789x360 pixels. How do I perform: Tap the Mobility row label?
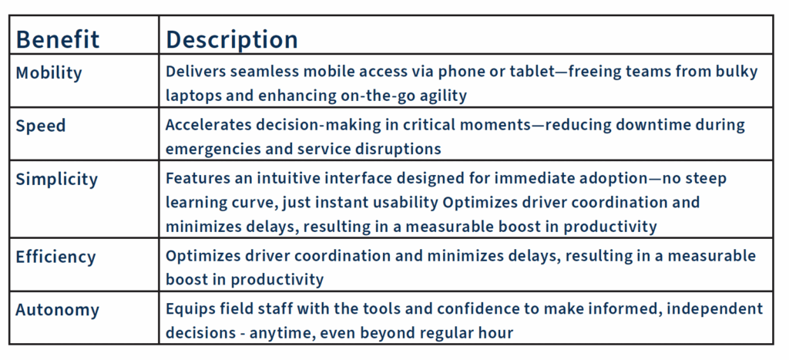coord(49,73)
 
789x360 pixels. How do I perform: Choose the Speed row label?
coord(41,126)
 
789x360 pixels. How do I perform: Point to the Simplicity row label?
coord(56,180)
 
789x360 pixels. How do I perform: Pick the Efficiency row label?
coord(55,257)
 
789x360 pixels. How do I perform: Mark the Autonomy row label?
coord(57,310)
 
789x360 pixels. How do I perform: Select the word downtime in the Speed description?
coord(660,125)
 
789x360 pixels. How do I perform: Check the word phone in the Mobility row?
coord(459,72)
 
